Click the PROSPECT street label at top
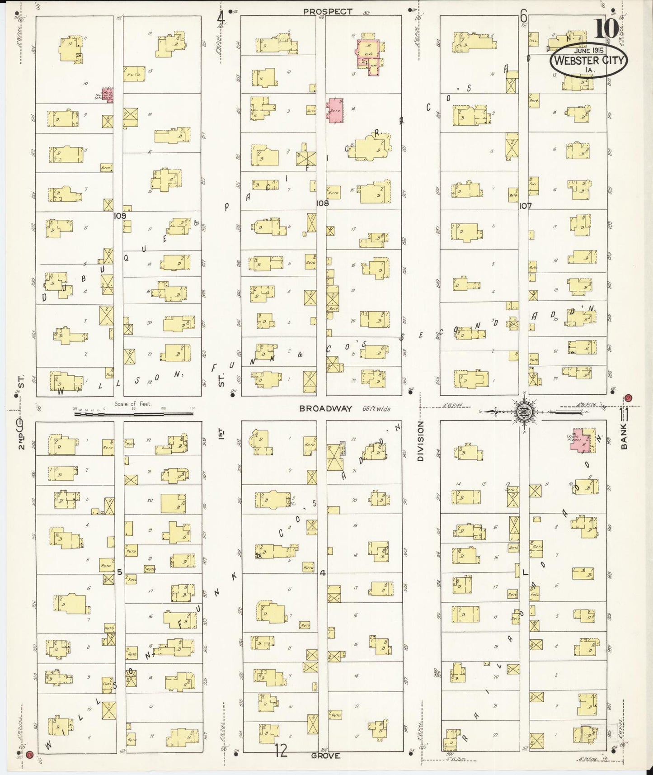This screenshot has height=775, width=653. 328,11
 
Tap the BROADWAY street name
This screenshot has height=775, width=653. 325,409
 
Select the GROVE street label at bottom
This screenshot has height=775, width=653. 325,755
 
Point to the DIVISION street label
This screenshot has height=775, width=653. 421,441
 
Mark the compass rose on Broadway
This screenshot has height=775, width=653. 524,411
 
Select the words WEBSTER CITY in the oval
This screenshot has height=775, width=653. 588,60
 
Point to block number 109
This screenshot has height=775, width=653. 120,216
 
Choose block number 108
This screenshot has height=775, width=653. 322,203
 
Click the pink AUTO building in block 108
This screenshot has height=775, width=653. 335,110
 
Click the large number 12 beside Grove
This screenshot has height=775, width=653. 281,751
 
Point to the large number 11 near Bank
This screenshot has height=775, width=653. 625,413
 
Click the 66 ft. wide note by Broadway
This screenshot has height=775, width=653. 376,409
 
